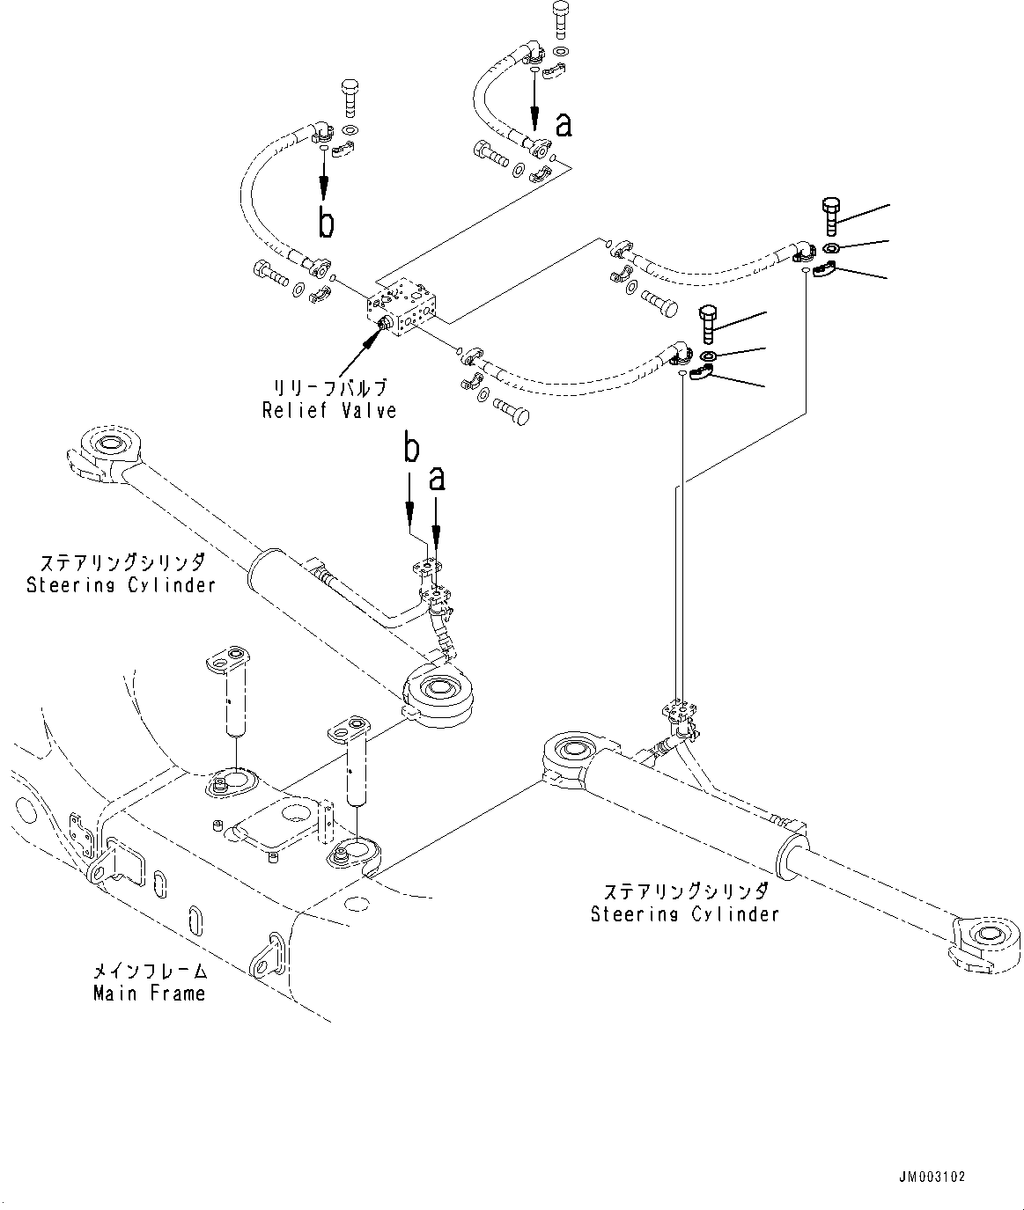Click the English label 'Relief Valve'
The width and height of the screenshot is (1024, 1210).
[329, 410]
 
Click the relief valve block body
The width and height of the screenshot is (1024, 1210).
[404, 306]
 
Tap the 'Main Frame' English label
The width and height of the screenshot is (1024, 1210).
[149, 994]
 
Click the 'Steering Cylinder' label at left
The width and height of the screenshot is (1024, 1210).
[121, 584]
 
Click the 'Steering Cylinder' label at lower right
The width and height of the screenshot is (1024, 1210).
[684, 913]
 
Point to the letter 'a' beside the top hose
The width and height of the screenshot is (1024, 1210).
[564, 125]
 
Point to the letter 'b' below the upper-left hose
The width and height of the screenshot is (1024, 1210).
[326, 223]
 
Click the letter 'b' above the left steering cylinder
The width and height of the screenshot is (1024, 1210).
[410, 448]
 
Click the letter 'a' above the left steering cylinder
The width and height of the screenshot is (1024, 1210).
[437, 478]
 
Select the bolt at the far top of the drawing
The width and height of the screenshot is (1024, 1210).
[560, 19]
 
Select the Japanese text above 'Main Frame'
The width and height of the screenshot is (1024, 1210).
[150, 972]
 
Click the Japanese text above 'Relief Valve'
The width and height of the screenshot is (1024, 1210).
[329, 387]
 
